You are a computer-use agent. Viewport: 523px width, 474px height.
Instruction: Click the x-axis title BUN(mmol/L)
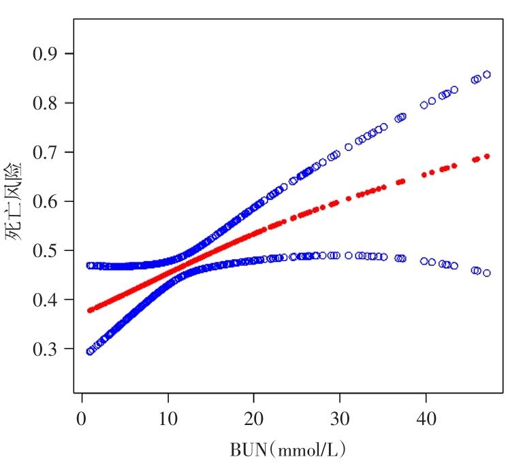pyautogui.click(x=289, y=449)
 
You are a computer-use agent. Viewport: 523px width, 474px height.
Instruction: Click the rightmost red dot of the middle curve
pyautogui.click(x=487, y=156)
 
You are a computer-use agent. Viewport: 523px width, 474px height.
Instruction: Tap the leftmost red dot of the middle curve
pyautogui.click(x=89, y=310)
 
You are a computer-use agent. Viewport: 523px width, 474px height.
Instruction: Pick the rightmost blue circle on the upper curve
pyautogui.click(x=487, y=74)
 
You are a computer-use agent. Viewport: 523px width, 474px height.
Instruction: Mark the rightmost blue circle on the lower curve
pyautogui.click(x=487, y=273)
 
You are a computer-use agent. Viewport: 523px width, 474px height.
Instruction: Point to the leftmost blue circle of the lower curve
pyautogui.click(x=90, y=351)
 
